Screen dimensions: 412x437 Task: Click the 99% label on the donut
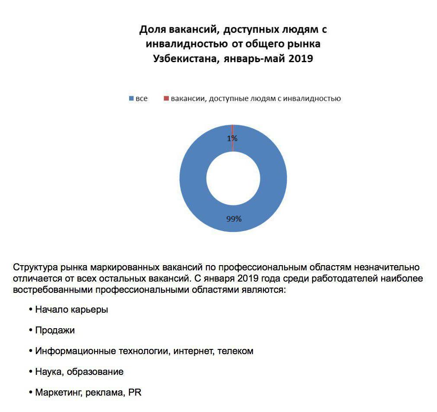click(x=234, y=219)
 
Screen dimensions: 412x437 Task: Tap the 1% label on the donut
click(x=232, y=139)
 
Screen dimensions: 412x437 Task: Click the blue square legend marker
click(x=131, y=99)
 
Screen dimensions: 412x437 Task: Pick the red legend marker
click(x=166, y=99)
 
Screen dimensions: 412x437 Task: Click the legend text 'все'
click(x=141, y=99)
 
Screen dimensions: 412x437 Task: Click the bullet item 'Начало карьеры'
click(x=72, y=310)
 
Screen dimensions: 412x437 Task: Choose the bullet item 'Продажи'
click(x=55, y=330)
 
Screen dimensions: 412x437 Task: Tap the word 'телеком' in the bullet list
click(x=235, y=351)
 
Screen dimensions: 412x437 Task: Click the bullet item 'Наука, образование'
click(x=79, y=372)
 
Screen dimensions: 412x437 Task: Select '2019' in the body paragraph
click(x=246, y=278)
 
